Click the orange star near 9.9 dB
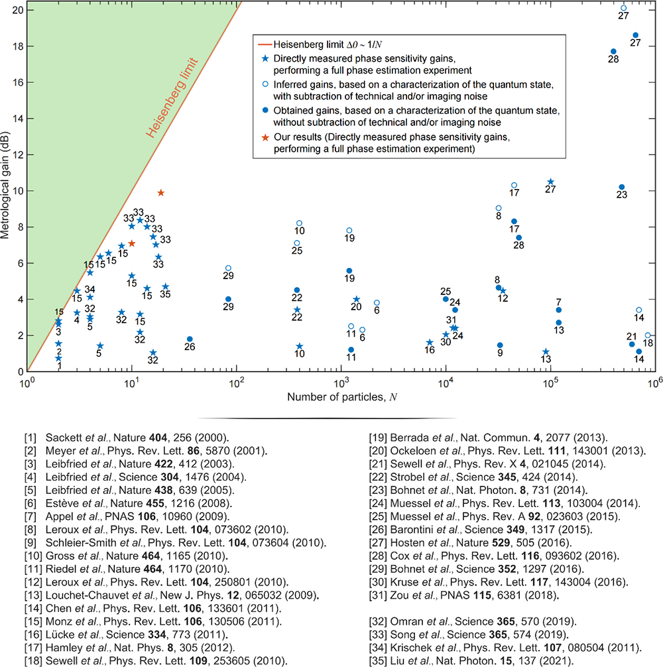(160, 193)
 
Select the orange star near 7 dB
(132, 243)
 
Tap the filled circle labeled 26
(190, 339)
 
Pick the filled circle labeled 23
(622, 188)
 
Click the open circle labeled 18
(648, 335)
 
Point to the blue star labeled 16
(430, 343)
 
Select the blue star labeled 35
(165, 286)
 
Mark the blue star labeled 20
(357, 300)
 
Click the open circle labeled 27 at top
(623, 8)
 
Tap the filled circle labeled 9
(500, 345)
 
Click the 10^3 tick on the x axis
(341, 383)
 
